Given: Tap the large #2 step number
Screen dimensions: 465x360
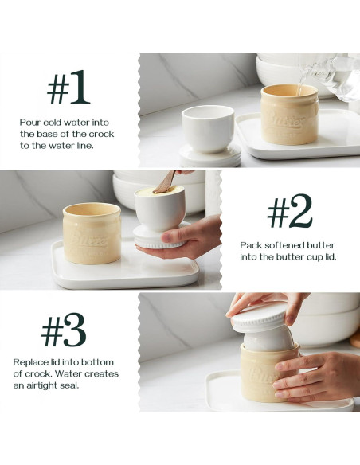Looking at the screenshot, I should [x=289, y=211].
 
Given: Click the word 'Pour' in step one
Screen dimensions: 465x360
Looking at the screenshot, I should [x=30, y=123].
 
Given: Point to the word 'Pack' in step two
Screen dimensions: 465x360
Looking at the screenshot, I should [x=252, y=245].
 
